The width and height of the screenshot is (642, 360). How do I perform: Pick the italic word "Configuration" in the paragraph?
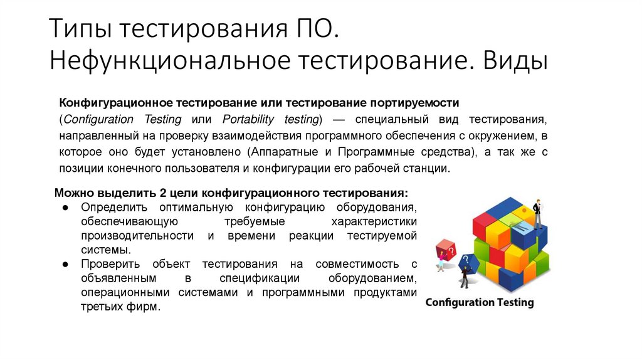click(x=98, y=119)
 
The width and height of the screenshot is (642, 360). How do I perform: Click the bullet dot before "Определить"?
click(x=65, y=207)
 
